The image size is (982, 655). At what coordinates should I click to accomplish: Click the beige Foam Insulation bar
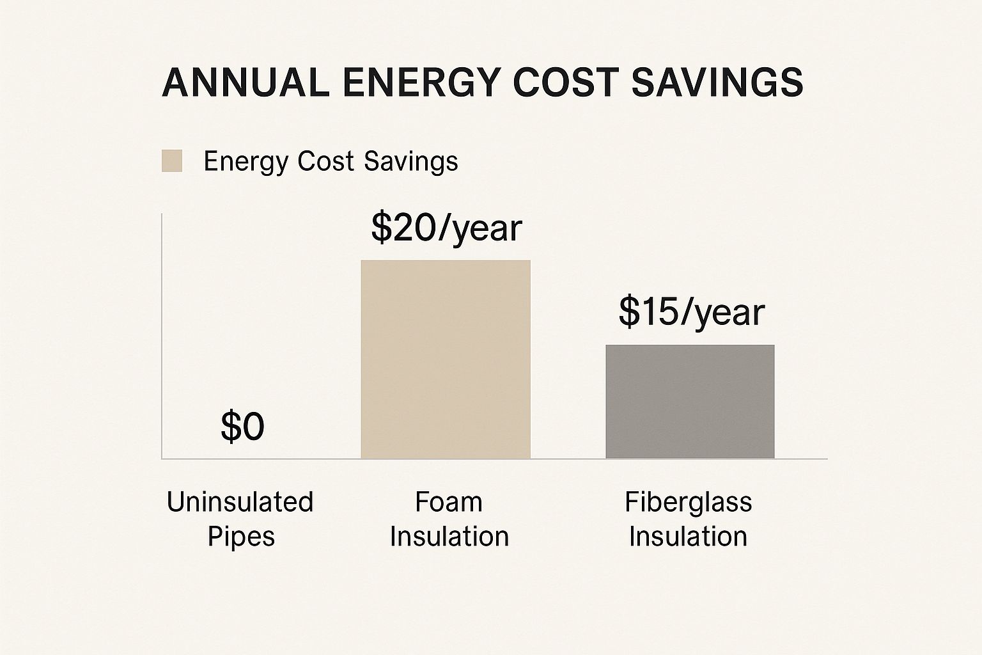(x=446, y=359)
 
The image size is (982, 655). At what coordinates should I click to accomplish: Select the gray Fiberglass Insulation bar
(x=690, y=402)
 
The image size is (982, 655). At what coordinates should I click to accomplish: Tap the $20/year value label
(x=446, y=228)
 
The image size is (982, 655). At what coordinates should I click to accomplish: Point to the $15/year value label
(x=691, y=312)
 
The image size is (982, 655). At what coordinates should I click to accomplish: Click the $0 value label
(x=242, y=427)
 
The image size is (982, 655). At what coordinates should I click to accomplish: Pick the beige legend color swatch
(x=172, y=161)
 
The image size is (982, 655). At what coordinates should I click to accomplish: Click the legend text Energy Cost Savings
(x=331, y=161)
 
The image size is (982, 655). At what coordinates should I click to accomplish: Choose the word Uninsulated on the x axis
(x=240, y=502)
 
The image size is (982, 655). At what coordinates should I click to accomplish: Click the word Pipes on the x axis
(x=241, y=536)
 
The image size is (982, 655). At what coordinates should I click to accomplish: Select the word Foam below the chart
(x=448, y=502)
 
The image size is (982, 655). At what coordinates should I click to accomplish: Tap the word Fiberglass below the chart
(x=688, y=502)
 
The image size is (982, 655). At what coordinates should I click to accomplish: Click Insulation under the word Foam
(x=449, y=536)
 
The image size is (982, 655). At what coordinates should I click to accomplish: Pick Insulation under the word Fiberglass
(x=688, y=536)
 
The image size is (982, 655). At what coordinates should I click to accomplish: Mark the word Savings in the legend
(x=410, y=161)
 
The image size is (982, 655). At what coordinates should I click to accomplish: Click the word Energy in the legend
(x=246, y=161)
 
